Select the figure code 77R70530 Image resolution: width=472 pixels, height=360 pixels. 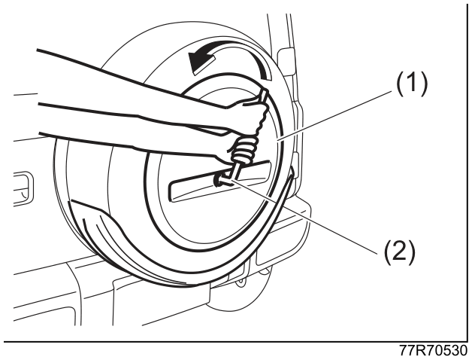point(434,351)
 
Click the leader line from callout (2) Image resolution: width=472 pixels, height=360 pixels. point(305,218)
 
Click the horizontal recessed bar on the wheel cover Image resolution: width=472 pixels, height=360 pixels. point(220,181)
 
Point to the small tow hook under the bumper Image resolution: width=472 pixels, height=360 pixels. point(241,282)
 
